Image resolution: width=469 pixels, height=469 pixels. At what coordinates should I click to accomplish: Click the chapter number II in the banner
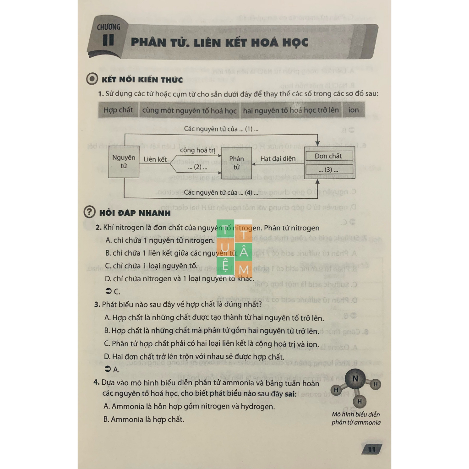click(x=109, y=40)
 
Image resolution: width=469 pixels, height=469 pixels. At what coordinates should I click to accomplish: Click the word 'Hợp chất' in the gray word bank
click(x=118, y=110)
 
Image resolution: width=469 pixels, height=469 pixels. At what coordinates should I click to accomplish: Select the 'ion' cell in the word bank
click(x=354, y=110)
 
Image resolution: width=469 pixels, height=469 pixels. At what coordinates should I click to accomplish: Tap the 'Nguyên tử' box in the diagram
click(x=124, y=161)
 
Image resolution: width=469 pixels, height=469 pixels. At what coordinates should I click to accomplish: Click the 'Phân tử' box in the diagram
click(x=236, y=163)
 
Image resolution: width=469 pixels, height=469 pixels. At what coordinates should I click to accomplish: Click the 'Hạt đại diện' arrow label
click(x=278, y=159)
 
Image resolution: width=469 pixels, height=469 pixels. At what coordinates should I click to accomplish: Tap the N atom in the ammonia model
click(x=356, y=378)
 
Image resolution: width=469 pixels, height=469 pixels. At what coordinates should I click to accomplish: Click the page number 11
click(x=371, y=449)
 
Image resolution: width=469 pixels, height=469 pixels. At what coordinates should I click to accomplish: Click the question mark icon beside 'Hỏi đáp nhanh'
click(x=90, y=212)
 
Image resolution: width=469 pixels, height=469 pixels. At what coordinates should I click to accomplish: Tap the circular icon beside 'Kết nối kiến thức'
click(x=93, y=79)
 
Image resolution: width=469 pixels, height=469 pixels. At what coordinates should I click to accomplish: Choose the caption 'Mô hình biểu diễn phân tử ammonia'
click(x=356, y=419)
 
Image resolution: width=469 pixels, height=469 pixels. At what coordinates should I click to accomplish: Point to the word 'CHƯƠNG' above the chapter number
click(x=109, y=27)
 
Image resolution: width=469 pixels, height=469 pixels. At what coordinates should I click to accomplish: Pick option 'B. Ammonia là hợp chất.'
click(x=144, y=419)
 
